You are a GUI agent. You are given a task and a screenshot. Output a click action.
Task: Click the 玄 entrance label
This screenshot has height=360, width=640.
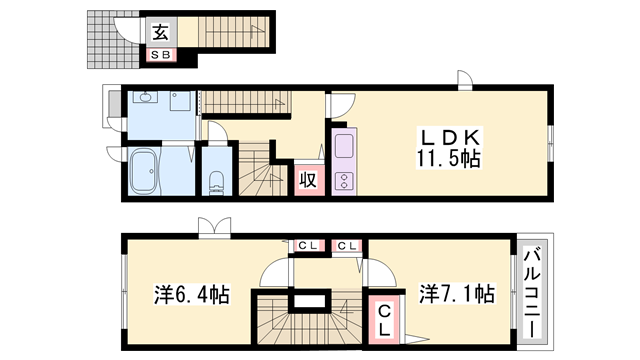click(160, 32)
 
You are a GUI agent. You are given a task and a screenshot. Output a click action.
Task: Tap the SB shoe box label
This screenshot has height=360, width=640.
click(160, 55)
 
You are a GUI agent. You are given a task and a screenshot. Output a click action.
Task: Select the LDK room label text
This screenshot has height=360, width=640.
click(450, 138)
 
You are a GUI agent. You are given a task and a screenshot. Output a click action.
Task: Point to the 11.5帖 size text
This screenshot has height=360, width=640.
click(448, 158)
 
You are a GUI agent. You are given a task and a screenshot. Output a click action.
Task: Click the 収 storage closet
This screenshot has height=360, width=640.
click(309, 180)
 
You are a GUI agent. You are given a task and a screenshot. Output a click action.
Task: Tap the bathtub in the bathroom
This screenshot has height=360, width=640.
click(144, 171)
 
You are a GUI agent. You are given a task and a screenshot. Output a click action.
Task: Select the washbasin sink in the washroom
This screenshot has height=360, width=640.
click(145, 97)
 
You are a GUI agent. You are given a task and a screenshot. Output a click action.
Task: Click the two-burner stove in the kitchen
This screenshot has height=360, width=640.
click(344, 181)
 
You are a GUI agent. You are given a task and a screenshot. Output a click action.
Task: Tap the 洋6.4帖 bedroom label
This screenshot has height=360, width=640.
click(191, 294)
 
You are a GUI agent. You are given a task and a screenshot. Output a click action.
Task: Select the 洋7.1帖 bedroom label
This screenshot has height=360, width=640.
click(457, 294)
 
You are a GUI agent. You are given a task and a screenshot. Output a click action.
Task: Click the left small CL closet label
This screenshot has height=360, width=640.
click(309, 246)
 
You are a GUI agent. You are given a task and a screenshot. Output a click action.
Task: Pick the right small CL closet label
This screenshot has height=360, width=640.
click(347, 246)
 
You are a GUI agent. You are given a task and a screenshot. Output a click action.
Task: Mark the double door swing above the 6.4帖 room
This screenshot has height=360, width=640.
click(215, 227)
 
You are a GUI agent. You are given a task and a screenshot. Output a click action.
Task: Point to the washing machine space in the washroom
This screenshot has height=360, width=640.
click(180, 100)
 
